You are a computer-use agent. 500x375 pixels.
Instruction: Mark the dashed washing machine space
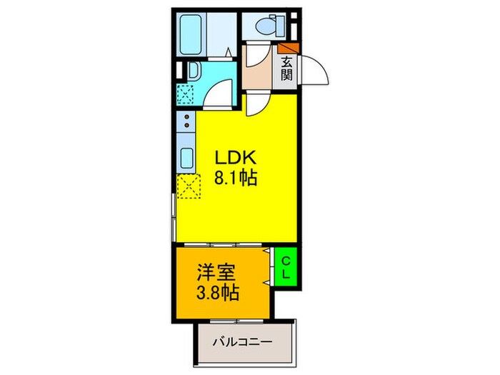(x=186, y=94)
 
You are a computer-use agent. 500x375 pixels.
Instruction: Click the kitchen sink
(x=185, y=157)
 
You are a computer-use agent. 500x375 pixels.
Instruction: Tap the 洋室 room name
(x=214, y=272)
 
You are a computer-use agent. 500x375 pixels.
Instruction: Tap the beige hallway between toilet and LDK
(x=257, y=69)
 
